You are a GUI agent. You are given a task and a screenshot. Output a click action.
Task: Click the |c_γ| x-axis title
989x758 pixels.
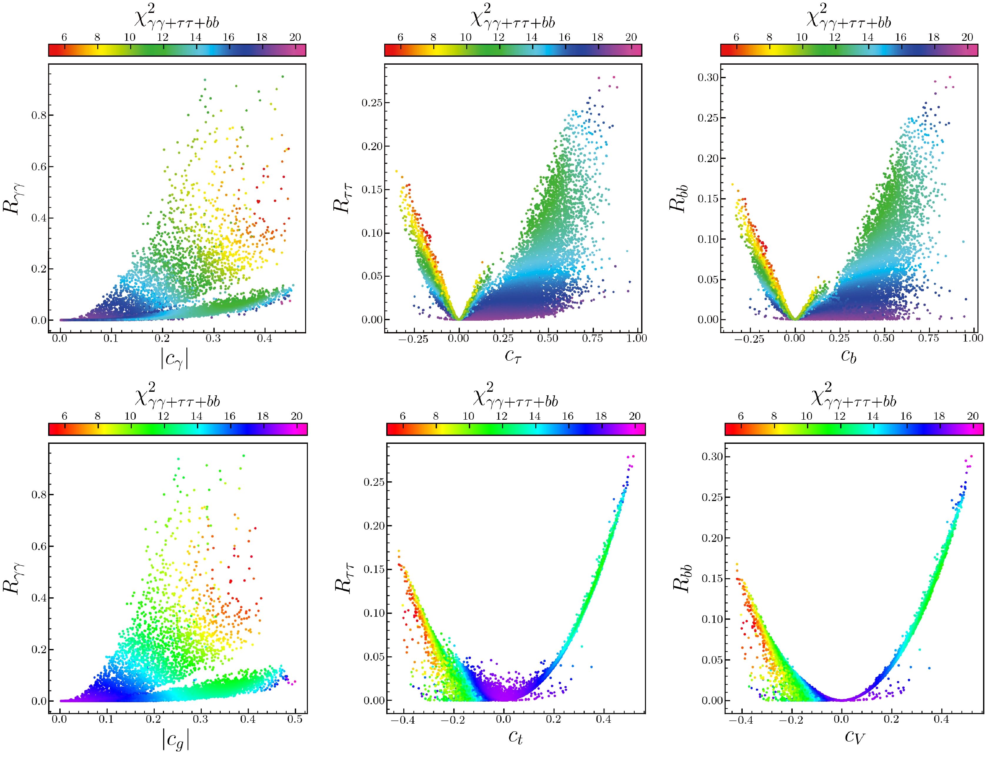point(174,359)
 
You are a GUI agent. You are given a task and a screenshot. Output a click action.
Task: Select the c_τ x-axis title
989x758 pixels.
point(513,357)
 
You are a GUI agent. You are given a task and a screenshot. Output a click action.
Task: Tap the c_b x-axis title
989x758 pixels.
point(848,357)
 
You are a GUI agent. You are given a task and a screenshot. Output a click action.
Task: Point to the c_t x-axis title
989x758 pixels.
point(515,737)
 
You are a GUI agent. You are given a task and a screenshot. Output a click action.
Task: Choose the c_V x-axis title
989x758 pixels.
point(854,737)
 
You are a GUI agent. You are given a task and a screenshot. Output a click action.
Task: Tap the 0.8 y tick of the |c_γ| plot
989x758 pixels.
point(39,115)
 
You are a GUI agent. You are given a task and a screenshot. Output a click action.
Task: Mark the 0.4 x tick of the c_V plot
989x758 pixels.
point(942,719)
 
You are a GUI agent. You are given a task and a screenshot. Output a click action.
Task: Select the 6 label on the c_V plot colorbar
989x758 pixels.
point(741,416)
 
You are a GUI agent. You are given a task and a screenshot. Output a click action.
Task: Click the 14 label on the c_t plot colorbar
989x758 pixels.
point(535,416)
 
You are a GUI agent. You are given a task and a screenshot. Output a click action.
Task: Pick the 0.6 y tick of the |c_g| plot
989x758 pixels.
point(39,546)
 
